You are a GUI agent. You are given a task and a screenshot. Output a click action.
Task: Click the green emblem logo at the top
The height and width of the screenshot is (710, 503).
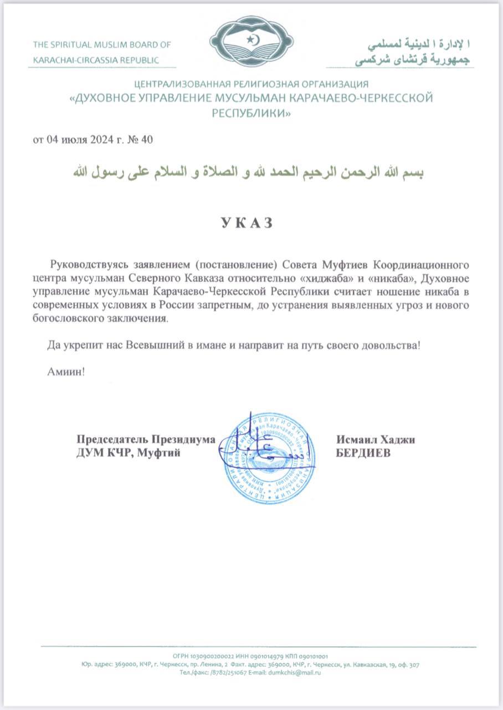(x=251, y=42)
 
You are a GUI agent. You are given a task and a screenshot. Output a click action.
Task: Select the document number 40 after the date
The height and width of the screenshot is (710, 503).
(x=147, y=139)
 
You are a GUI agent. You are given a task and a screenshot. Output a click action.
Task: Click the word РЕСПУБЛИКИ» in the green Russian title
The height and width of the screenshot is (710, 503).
(x=251, y=113)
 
